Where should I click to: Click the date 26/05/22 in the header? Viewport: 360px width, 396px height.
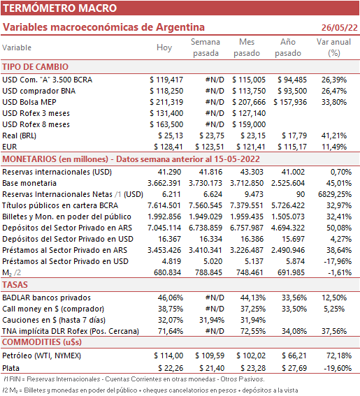(x=339, y=27)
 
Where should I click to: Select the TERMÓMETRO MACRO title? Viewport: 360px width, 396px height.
(x=59, y=8)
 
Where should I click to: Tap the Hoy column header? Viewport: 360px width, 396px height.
(x=164, y=47)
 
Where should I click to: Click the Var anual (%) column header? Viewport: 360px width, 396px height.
(x=333, y=47)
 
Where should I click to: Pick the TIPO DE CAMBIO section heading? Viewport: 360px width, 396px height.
(x=36, y=66)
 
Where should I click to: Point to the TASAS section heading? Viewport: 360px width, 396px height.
(x=15, y=285)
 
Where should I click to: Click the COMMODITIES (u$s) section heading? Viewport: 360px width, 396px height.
(x=42, y=342)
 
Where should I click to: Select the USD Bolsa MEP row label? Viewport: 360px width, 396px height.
(x=29, y=102)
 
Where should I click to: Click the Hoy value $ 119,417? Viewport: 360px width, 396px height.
(x=166, y=80)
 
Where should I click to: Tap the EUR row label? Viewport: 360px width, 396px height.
(x=10, y=147)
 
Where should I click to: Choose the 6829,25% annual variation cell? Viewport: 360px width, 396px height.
(x=335, y=194)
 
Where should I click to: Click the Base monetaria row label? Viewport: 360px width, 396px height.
(x=29, y=183)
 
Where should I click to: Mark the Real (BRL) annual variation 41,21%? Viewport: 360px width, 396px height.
(x=334, y=135)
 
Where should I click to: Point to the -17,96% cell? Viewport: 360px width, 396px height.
(x=338, y=261)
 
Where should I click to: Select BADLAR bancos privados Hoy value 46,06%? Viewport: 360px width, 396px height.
(x=171, y=298)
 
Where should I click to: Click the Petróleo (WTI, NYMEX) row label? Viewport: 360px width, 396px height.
(x=41, y=355)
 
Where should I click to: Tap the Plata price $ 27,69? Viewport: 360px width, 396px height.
(x=294, y=368)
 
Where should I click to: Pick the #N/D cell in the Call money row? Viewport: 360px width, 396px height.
(x=215, y=309)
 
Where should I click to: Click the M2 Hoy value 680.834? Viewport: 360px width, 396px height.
(x=167, y=272)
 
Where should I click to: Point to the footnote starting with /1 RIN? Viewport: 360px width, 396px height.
(x=134, y=379)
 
